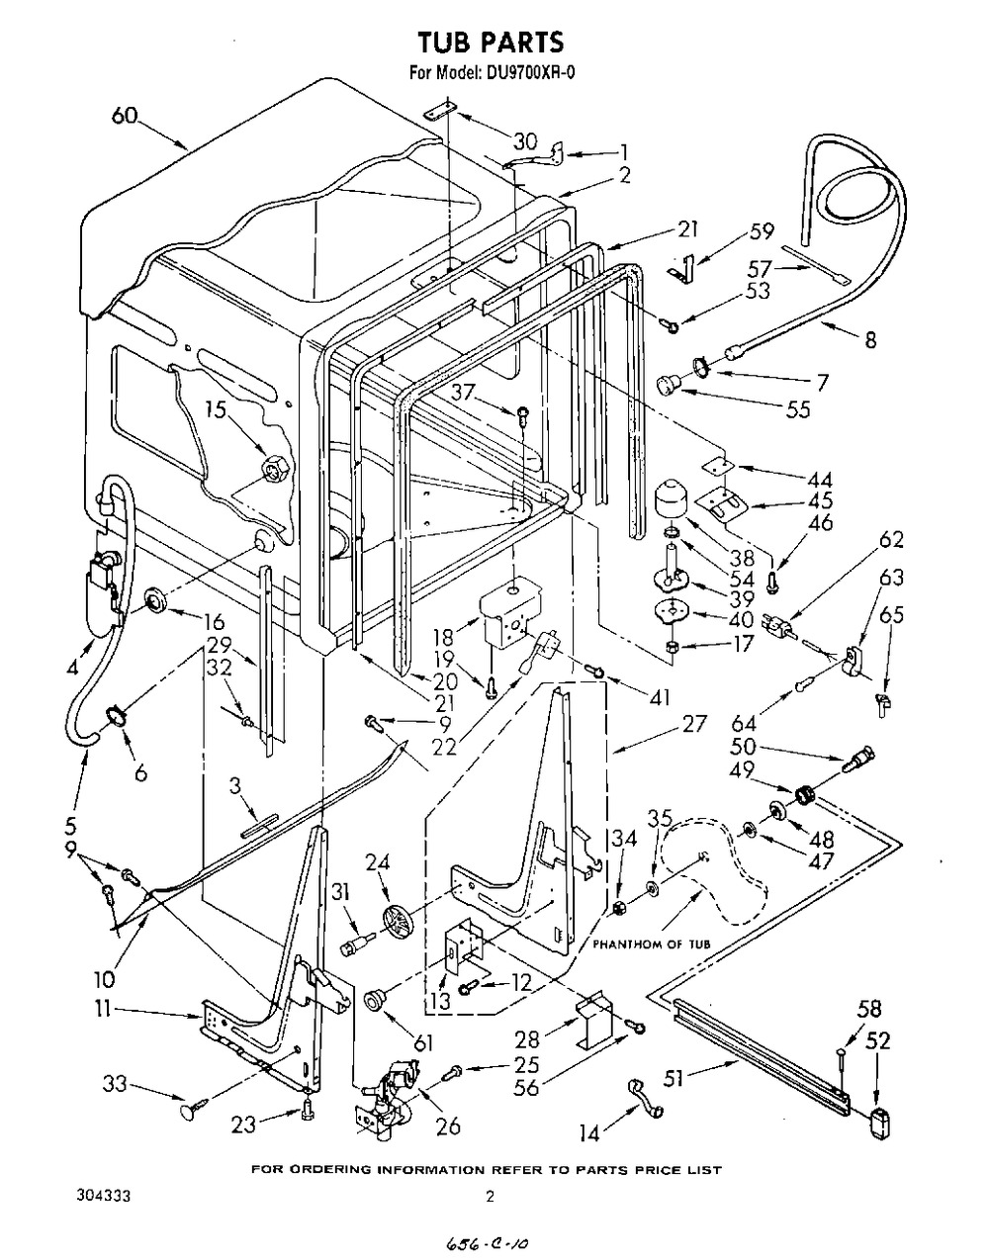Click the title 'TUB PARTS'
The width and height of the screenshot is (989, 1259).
(491, 42)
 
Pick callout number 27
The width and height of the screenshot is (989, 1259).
(694, 724)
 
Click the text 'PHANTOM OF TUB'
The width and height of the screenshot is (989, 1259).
(651, 944)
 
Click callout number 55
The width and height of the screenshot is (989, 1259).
(798, 409)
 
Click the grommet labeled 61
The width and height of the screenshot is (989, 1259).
(373, 1000)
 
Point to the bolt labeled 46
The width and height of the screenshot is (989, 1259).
(771, 583)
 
